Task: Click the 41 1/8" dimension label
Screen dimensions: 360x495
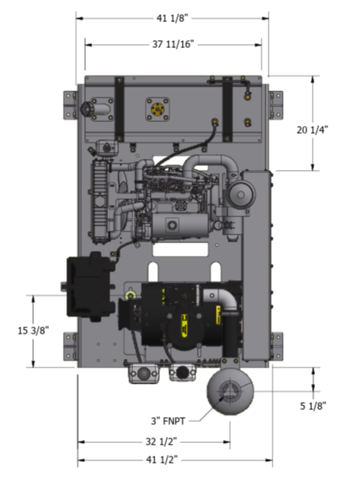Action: point(173,18)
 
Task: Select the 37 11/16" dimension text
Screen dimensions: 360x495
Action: point(173,44)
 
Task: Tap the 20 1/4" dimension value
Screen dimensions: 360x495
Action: point(312,130)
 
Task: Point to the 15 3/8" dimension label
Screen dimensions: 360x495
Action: point(33,331)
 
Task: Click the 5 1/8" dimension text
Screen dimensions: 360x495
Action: point(313,406)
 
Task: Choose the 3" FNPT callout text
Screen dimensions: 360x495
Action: point(168,421)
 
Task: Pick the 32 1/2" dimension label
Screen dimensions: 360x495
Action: point(161,441)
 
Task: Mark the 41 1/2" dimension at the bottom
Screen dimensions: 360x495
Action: point(161,460)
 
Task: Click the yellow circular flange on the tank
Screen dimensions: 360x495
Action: point(158,109)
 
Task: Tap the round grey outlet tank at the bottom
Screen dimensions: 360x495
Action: point(230,391)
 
